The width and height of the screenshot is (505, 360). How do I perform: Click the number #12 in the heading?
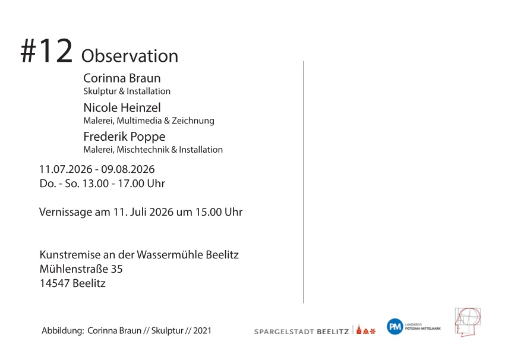46,50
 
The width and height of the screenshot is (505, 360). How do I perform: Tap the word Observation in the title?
130,56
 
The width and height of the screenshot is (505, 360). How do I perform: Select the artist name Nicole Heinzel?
122,107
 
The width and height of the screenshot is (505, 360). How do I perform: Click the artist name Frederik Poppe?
124,137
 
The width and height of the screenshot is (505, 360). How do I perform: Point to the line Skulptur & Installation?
127,91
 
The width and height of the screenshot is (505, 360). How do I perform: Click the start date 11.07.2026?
66,169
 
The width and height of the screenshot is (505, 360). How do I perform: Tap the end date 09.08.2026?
128,169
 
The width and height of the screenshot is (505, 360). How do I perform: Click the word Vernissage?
65,212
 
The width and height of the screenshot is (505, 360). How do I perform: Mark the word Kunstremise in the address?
70,254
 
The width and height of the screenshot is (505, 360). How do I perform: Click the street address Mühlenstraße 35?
81,269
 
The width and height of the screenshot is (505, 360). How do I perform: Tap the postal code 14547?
55,283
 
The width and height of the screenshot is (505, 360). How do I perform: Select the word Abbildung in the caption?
63,331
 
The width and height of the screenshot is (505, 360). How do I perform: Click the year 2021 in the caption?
202,331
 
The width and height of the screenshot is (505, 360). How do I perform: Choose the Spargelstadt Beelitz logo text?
301,331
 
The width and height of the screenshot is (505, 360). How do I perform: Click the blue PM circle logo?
395,327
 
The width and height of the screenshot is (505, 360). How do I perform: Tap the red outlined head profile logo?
468,322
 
